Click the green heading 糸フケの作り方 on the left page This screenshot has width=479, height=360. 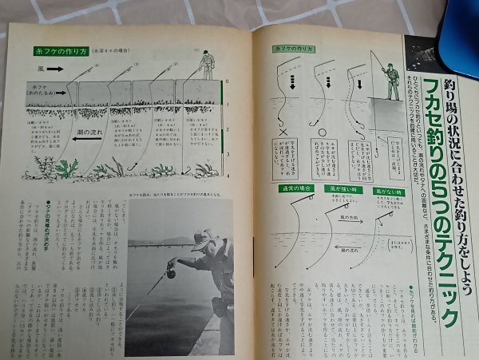click(x=60, y=50)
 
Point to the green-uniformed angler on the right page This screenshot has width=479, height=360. click(x=390, y=76)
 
